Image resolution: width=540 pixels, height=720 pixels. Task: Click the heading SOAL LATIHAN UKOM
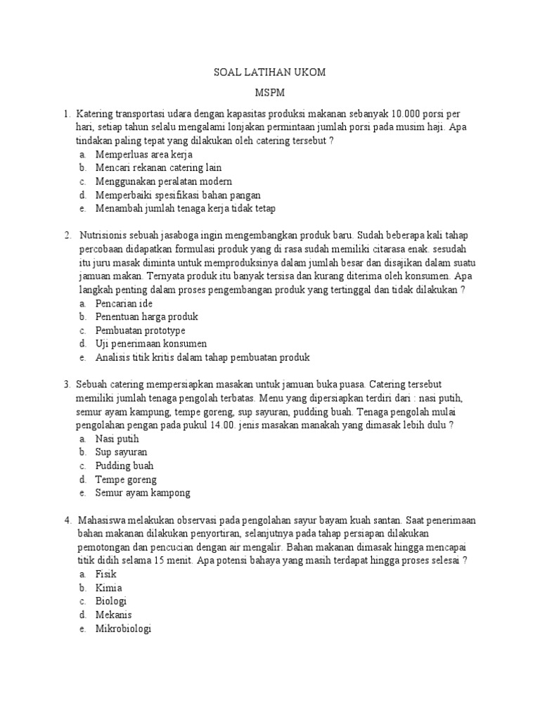269,72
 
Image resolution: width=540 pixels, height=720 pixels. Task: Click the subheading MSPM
269,92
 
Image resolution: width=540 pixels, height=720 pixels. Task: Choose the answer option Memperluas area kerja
144,154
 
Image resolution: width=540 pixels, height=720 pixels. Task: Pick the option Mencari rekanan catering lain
159,167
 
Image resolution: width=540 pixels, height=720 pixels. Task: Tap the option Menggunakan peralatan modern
159,181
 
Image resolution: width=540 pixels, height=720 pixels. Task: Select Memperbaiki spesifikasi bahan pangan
179,195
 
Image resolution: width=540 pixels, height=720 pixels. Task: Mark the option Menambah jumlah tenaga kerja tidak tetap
186,208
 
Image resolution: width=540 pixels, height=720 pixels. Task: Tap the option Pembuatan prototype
141,330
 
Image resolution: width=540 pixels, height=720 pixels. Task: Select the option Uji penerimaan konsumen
151,344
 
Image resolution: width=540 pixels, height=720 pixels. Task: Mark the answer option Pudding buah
124,465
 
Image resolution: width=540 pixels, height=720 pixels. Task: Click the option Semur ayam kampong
143,493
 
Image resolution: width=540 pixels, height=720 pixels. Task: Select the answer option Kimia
109,588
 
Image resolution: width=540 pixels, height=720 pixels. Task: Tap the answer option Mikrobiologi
124,629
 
